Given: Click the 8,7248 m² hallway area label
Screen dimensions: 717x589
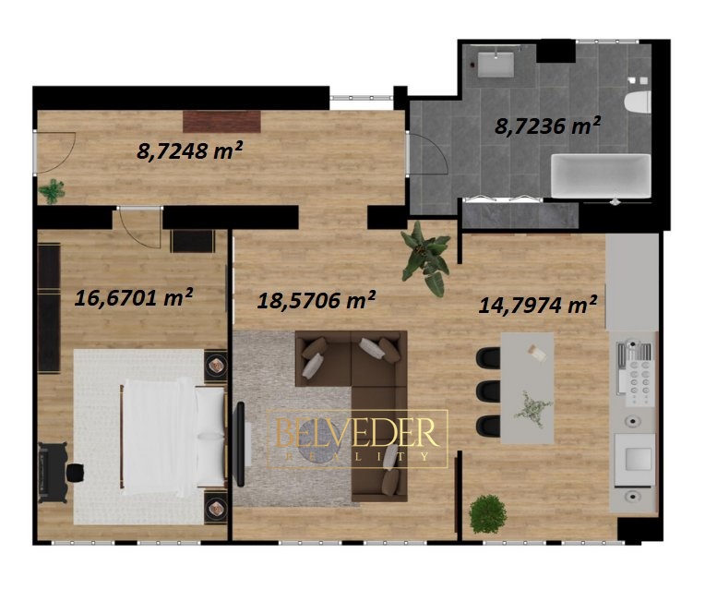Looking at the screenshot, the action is tap(189, 150).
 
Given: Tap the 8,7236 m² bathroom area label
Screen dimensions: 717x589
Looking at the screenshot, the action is tap(548, 126).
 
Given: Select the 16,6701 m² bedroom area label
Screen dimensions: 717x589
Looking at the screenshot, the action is tap(133, 297).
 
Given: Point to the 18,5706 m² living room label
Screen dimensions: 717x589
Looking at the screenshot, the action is tap(317, 300).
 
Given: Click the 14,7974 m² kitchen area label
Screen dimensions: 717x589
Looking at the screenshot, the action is tap(538, 305).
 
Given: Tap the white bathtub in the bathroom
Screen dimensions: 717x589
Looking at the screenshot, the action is tap(601, 175).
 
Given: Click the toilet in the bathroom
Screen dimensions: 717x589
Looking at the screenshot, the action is tap(638, 102).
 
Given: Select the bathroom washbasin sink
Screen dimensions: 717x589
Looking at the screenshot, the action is tap(496, 64).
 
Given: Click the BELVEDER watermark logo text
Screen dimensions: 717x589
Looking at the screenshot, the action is tap(357, 432).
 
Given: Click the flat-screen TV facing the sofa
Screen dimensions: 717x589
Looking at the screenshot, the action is tap(239, 443).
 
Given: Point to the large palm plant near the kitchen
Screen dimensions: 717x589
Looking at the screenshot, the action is tap(425, 258).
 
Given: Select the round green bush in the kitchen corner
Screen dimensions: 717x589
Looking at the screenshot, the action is tap(488, 514).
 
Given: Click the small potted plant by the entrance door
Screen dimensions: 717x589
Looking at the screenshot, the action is tap(52, 190).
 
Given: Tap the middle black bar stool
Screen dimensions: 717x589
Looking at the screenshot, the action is tap(488, 391).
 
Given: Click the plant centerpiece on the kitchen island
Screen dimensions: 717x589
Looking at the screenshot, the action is tap(532, 409).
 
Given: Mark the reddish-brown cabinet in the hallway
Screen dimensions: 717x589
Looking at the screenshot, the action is tap(221, 121).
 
